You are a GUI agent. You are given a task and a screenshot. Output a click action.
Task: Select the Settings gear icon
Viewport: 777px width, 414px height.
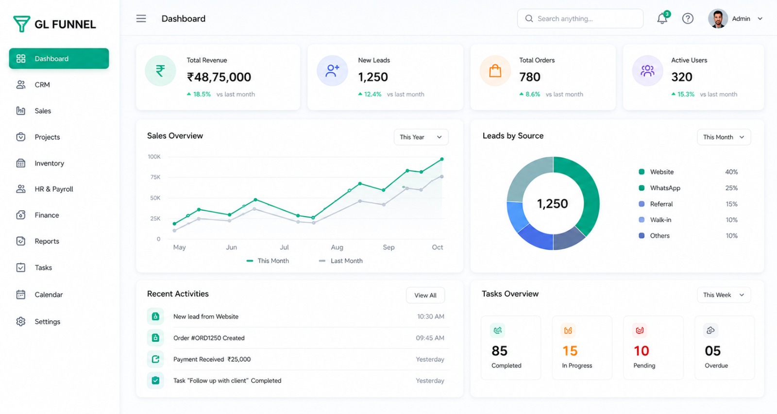(x=21, y=321)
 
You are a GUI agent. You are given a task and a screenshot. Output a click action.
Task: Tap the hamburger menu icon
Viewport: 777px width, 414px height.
(x=141, y=18)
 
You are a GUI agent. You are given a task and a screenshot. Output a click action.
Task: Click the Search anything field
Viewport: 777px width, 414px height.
(x=580, y=18)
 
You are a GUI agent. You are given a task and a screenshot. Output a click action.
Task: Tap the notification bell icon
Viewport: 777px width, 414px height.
(x=662, y=18)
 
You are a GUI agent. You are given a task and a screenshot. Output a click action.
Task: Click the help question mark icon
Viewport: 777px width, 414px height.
(x=688, y=18)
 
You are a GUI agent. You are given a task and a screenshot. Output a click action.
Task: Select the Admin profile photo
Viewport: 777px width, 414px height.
(x=718, y=18)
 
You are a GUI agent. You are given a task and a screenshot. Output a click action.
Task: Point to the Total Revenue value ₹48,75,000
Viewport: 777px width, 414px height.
(x=219, y=77)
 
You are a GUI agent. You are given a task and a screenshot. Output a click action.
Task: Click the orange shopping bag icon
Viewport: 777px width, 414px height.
(x=495, y=71)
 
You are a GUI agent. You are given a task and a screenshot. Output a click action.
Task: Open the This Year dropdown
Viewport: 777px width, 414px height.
(x=421, y=137)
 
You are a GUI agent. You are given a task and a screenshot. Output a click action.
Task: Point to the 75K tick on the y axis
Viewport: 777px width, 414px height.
(x=155, y=177)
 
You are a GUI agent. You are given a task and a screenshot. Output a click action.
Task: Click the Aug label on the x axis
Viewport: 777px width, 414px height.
(x=337, y=247)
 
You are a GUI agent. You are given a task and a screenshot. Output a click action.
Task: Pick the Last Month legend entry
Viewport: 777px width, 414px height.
(x=340, y=261)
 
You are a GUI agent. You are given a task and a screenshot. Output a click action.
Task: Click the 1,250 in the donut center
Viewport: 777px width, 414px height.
(x=552, y=203)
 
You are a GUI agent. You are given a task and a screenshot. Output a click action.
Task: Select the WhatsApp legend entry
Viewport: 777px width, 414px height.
(x=659, y=188)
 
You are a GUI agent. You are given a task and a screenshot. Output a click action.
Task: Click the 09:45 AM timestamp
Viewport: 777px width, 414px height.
(x=430, y=338)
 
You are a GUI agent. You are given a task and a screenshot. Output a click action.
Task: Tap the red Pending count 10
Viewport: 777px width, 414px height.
(x=641, y=351)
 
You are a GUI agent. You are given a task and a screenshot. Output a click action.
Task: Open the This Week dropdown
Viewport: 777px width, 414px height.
(x=724, y=295)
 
